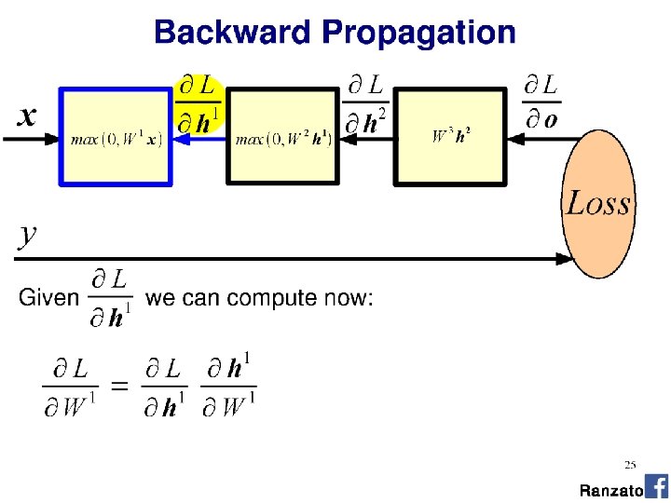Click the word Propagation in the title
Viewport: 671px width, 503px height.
[x=418, y=34]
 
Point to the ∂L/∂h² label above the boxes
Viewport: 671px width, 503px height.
[x=365, y=104]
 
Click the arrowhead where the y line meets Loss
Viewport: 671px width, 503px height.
[x=565, y=259]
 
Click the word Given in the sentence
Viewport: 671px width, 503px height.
[x=48, y=298]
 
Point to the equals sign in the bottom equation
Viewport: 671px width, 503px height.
[x=119, y=387]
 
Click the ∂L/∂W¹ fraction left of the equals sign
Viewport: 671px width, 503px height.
[x=70, y=387]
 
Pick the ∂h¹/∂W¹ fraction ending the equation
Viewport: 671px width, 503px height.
[x=229, y=387]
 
